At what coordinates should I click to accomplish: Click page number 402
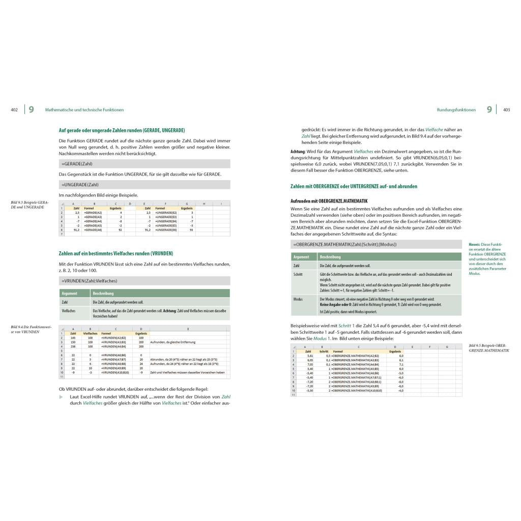click(x=14, y=110)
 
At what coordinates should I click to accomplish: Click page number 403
click(x=506, y=110)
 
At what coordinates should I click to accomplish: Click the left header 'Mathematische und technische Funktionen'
click(x=84, y=110)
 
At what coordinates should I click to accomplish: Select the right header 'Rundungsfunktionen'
click(x=456, y=110)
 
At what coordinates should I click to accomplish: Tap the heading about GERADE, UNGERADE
click(x=122, y=130)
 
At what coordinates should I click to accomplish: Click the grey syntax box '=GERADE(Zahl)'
click(x=144, y=164)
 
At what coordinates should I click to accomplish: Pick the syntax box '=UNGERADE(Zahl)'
click(x=144, y=185)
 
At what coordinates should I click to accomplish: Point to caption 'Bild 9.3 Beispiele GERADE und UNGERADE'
click(x=30, y=205)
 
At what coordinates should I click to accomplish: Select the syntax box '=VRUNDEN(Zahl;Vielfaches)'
click(x=144, y=281)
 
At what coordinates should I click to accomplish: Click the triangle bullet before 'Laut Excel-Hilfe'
click(x=62, y=396)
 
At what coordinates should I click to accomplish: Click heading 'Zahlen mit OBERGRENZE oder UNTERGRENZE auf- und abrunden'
click(x=354, y=186)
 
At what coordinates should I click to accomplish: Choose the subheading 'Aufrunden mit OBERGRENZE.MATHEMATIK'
click(x=329, y=201)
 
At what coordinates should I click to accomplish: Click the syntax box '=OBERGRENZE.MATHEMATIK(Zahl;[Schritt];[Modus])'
click(x=377, y=245)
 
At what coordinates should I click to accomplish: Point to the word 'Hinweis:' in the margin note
click(x=475, y=244)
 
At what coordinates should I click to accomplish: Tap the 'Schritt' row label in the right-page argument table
click(x=298, y=274)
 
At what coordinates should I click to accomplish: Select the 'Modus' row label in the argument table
click(x=298, y=299)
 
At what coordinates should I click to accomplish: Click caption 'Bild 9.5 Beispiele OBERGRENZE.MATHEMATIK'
click(x=487, y=348)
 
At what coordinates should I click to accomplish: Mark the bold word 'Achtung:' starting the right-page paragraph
click(x=298, y=152)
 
